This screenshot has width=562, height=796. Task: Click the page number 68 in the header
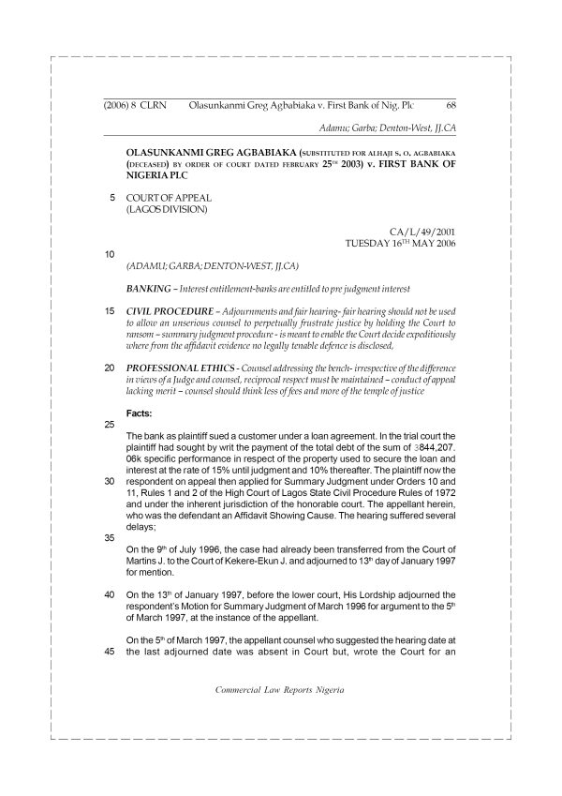(x=451, y=107)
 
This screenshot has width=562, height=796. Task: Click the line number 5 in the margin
(x=113, y=198)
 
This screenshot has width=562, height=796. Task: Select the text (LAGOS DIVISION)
(x=166, y=209)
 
